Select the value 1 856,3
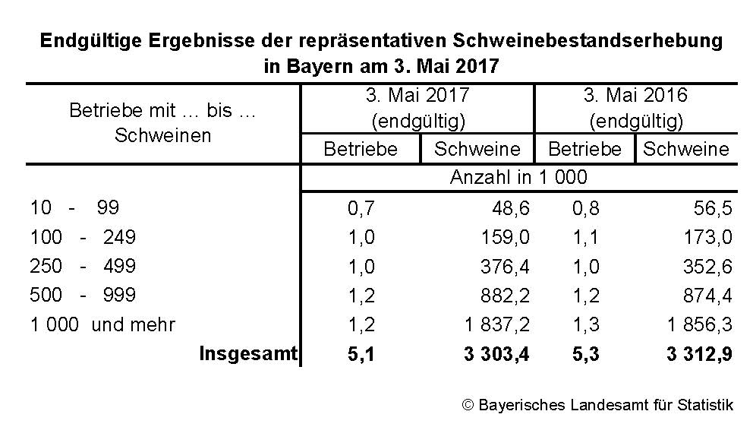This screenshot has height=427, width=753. pyautogui.click(x=700, y=324)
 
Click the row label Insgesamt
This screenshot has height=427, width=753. pyautogui.click(x=247, y=353)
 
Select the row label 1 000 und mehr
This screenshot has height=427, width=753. pyautogui.click(x=102, y=324)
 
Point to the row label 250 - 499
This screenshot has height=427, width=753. pyautogui.click(x=83, y=266)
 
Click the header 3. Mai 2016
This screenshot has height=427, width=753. pyautogui.click(x=635, y=96)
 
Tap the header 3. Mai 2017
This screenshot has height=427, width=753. pyautogui.click(x=417, y=96)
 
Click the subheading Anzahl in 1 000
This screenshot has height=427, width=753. pyautogui.click(x=518, y=178)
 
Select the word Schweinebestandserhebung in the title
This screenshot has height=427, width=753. pyautogui.click(x=588, y=40)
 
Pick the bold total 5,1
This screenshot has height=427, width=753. pyautogui.click(x=361, y=353)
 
